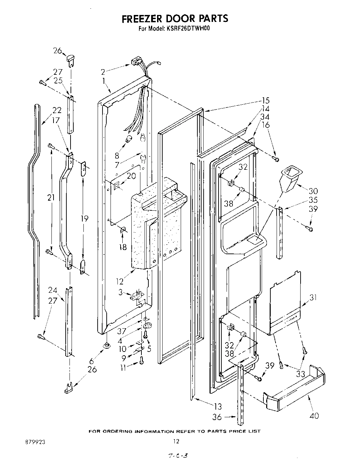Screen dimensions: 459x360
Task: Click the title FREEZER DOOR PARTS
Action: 174,18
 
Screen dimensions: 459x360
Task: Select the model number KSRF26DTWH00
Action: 188,29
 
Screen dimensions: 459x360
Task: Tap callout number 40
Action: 314,415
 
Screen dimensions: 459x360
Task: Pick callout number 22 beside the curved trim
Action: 57,110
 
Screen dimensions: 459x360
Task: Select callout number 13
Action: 217,406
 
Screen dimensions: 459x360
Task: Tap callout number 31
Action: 313,298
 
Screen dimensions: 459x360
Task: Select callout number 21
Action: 51,198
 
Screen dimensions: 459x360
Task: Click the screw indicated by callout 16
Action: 276,159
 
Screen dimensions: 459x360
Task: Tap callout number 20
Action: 131,176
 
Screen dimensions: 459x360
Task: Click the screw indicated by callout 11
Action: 142,362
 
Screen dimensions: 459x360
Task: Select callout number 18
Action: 123,247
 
